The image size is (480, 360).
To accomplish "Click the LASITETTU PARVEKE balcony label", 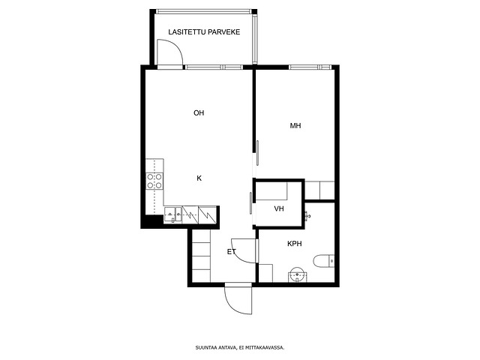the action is pos(204,32).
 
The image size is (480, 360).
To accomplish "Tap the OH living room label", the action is pos(199,113).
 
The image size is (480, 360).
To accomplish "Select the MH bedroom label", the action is pos(295,125).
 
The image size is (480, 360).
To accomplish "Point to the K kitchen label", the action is pos(199,178).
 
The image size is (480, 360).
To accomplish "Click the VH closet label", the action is pos(279,208).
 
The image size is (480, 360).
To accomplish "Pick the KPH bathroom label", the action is pos(295,244).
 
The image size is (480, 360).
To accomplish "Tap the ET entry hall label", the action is pos(232,252).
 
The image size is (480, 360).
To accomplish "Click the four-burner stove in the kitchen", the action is pos(154,181).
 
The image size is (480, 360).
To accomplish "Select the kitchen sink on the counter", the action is pos(173,215).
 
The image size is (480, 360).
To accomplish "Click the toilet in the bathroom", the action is pos(323,261).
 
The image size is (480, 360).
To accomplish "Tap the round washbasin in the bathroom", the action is pos(297,274).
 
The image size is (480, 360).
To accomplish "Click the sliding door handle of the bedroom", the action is pos(258,153).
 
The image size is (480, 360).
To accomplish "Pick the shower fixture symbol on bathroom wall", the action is pos(307,216).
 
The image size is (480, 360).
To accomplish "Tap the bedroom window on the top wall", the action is pos(310,67).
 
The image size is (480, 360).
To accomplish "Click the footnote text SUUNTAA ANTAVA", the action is pos(216,348).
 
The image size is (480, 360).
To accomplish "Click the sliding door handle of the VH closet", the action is pos(251,203).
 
